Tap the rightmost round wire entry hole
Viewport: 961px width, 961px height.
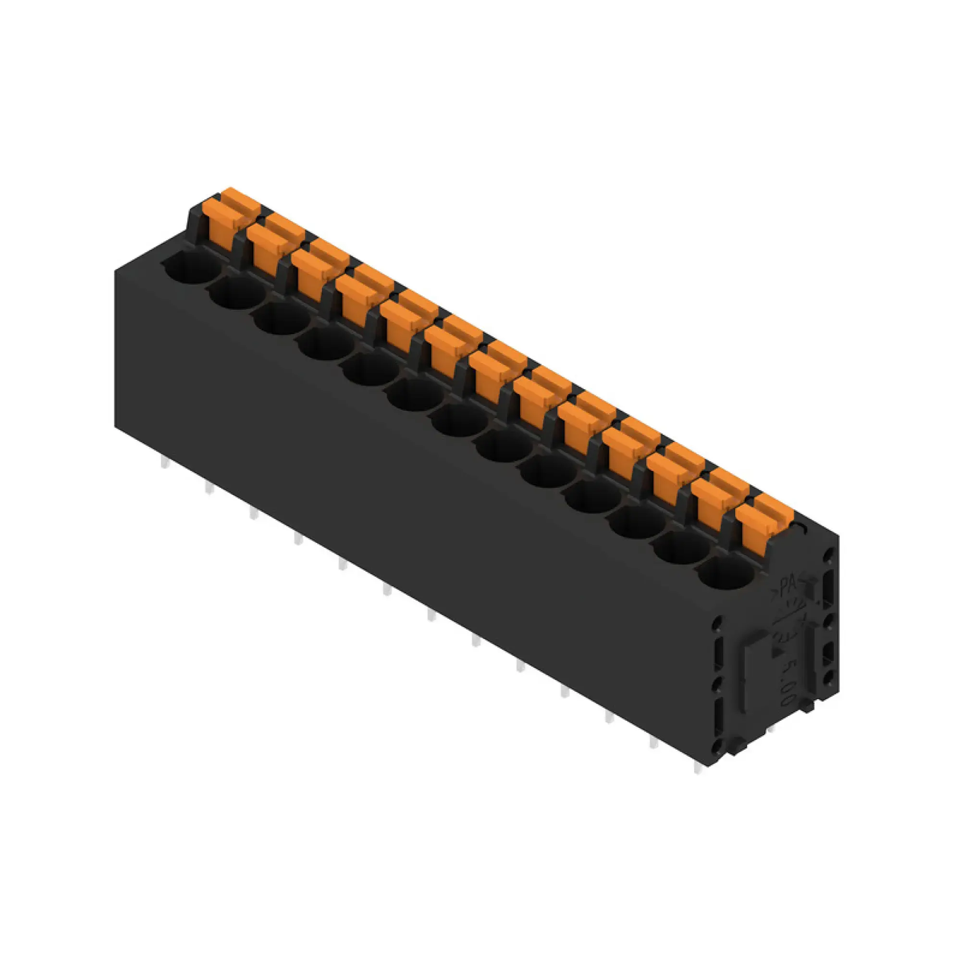pyautogui.click(x=727, y=573)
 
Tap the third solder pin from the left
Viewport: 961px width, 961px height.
pyautogui.click(x=254, y=513)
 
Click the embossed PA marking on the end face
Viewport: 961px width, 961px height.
pyautogui.click(x=787, y=582)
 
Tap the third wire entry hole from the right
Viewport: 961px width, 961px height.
pyautogui.click(x=638, y=522)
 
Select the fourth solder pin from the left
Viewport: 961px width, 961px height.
pyautogui.click(x=298, y=538)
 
